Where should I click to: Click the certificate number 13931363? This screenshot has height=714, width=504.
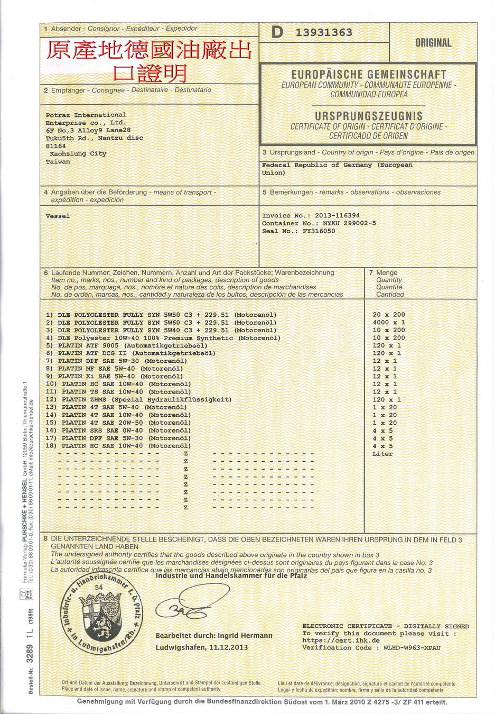(324, 33)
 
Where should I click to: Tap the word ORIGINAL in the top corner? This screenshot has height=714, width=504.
(433, 43)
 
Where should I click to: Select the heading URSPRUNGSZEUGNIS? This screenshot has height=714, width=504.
(369, 116)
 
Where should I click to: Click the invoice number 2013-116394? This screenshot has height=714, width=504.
(337, 216)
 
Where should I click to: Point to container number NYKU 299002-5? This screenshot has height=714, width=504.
(349, 223)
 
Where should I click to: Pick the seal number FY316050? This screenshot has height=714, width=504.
(319, 231)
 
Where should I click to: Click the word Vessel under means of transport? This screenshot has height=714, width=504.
(58, 216)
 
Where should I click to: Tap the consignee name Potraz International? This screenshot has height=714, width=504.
(86, 115)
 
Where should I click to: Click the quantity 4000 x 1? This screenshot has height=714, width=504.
(388, 322)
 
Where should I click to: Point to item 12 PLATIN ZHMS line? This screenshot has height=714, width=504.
(139, 399)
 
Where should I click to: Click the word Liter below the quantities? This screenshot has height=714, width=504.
(382, 454)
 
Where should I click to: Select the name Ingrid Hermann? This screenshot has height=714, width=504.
(247, 635)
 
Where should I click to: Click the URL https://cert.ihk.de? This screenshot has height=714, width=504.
(341, 640)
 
